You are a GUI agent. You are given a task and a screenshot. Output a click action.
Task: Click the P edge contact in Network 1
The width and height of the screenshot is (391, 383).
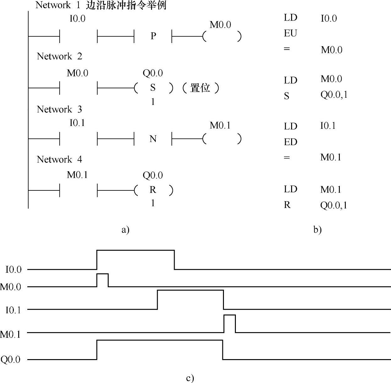click(153, 36)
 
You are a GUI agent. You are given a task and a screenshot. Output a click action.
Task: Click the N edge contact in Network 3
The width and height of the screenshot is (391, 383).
click(153, 139)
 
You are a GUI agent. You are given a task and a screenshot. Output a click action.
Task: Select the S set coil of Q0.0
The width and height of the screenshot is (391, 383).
click(153, 88)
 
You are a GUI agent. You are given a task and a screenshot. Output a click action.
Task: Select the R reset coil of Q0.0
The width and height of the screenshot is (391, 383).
click(153, 190)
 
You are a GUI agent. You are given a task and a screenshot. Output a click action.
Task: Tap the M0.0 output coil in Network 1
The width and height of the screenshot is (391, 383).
click(222, 36)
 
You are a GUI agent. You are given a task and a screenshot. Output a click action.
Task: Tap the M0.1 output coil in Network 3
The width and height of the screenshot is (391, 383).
click(222, 139)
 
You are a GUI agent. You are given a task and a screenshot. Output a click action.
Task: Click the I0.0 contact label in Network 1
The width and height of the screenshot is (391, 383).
click(77, 19)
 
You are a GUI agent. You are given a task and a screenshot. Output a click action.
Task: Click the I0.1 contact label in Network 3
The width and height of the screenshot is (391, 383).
click(77, 123)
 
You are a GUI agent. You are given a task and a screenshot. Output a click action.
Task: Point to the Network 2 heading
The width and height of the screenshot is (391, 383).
click(59, 56)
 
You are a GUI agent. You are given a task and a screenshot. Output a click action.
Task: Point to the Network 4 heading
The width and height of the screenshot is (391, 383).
click(59, 159)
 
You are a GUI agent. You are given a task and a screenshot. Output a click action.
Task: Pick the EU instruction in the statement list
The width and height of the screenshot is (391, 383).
click(290, 33)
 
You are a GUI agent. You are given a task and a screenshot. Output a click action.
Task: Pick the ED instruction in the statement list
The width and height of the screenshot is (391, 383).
click(290, 142)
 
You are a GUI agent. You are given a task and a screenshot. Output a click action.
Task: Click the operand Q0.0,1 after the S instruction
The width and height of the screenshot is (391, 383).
click(334, 95)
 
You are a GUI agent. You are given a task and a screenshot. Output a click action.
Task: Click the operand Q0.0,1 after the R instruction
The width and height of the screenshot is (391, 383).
click(334, 205)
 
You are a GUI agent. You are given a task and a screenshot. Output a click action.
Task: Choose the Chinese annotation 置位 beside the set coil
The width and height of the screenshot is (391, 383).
click(200, 88)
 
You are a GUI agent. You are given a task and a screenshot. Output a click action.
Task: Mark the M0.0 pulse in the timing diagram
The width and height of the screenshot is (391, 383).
click(102, 280)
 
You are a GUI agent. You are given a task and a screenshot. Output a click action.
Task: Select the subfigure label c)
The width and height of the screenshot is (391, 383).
click(190, 378)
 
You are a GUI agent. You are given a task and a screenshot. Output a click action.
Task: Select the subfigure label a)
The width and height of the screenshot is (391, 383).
click(125, 230)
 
